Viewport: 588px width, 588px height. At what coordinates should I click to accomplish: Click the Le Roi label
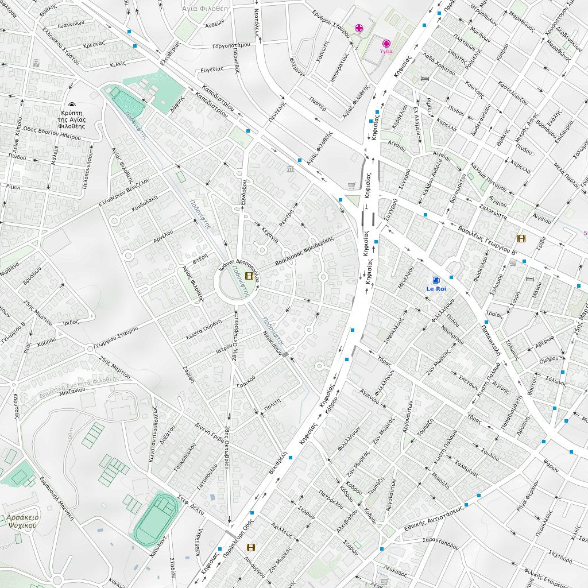tap(436, 289)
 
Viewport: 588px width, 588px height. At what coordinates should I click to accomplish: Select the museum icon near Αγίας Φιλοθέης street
tap(290, 169)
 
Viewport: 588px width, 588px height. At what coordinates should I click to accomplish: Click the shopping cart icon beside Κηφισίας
tap(352, 186)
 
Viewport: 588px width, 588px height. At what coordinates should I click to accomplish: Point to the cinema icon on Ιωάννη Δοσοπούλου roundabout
tap(249, 276)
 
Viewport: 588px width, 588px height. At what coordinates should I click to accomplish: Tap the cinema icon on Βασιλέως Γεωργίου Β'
tap(521, 238)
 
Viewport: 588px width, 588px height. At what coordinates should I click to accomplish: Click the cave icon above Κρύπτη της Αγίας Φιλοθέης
tap(72, 105)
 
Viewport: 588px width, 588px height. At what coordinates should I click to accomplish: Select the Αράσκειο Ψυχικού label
tap(23, 521)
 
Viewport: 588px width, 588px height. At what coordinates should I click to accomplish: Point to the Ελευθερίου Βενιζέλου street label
tap(123, 192)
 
